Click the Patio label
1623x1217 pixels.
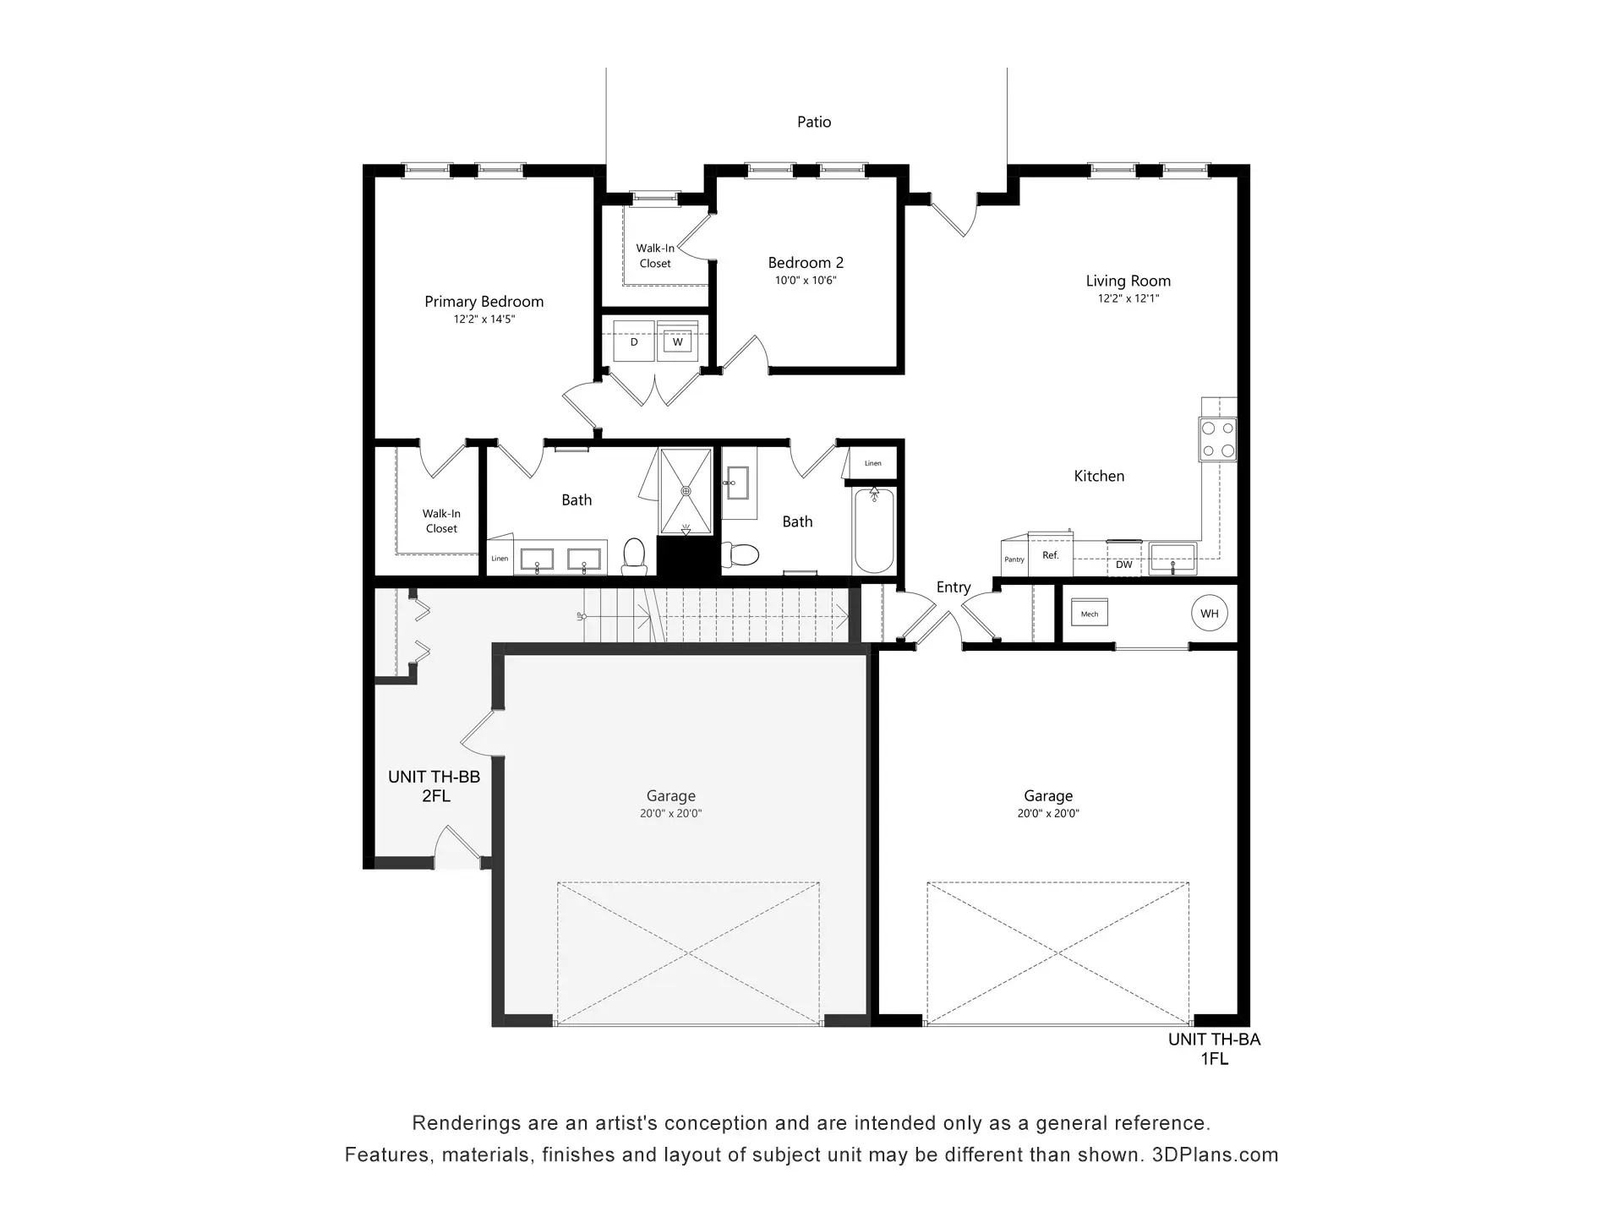click(x=814, y=123)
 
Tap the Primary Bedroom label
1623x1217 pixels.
click(x=484, y=302)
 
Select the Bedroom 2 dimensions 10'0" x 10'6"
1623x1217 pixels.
click(x=806, y=281)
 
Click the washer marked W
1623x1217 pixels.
click(x=677, y=342)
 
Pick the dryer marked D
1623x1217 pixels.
click(x=634, y=341)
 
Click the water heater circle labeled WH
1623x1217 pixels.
click(x=1210, y=614)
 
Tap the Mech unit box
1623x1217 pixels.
click(x=1090, y=614)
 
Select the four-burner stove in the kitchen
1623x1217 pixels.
click(x=1218, y=439)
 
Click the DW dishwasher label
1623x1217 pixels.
click(x=1123, y=565)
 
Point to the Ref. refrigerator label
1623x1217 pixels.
click(x=1051, y=555)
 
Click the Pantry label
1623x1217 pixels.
click(x=1014, y=559)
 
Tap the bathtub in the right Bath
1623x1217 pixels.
click(x=874, y=531)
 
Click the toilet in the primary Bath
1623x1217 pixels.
click(x=634, y=555)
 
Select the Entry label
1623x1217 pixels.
click(x=954, y=587)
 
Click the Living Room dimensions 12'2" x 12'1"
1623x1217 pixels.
click(x=1128, y=298)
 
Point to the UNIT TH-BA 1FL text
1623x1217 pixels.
click(x=1214, y=1049)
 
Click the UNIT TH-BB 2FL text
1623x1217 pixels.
click(x=434, y=786)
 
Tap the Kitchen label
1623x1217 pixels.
click(x=1099, y=477)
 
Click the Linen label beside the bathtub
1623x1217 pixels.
click(x=873, y=463)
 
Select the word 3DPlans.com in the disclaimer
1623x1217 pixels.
click(x=1215, y=1155)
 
